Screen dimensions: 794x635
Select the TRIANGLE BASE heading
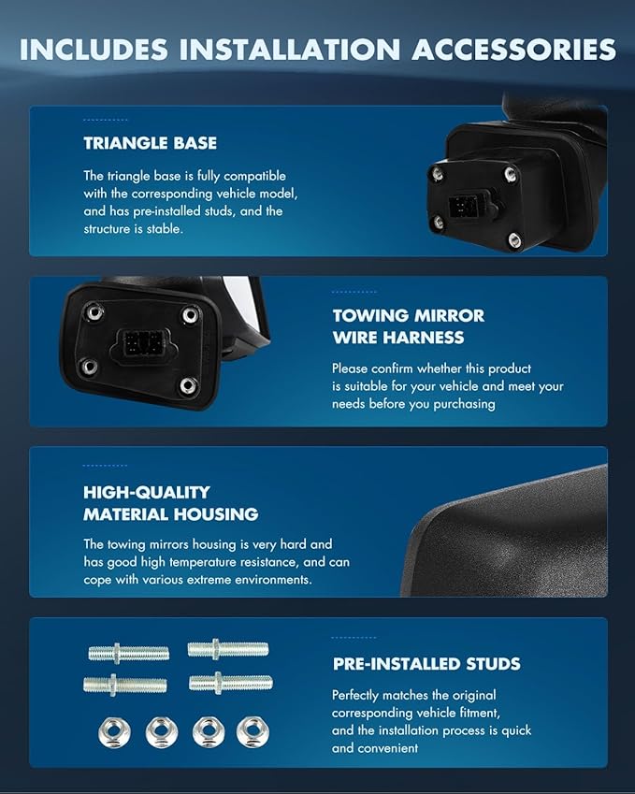(x=150, y=143)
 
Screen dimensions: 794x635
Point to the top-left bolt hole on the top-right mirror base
(x=436, y=174)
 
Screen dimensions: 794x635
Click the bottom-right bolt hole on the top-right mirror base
(x=513, y=239)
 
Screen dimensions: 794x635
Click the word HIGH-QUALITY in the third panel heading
(x=147, y=492)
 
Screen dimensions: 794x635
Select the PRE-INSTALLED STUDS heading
(x=426, y=664)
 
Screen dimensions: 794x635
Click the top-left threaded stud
(x=128, y=652)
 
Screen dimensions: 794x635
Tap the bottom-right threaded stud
(x=230, y=683)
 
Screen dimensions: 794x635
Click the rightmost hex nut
(x=252, y=731)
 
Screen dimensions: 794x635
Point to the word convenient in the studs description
(x=387, y=748)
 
